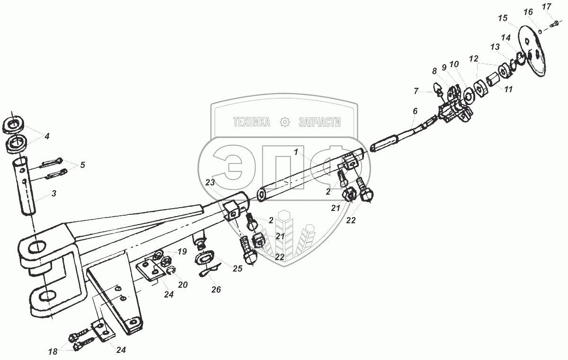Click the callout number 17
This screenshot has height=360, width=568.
546,7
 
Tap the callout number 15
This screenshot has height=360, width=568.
502,18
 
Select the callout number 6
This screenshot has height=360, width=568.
415,112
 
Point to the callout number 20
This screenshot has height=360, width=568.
183,285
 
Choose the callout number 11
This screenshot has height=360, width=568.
508,88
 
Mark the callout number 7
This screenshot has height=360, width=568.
416,90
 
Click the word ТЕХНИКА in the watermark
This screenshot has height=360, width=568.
251,123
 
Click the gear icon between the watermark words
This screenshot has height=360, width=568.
285,123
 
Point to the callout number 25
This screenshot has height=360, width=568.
237,269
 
